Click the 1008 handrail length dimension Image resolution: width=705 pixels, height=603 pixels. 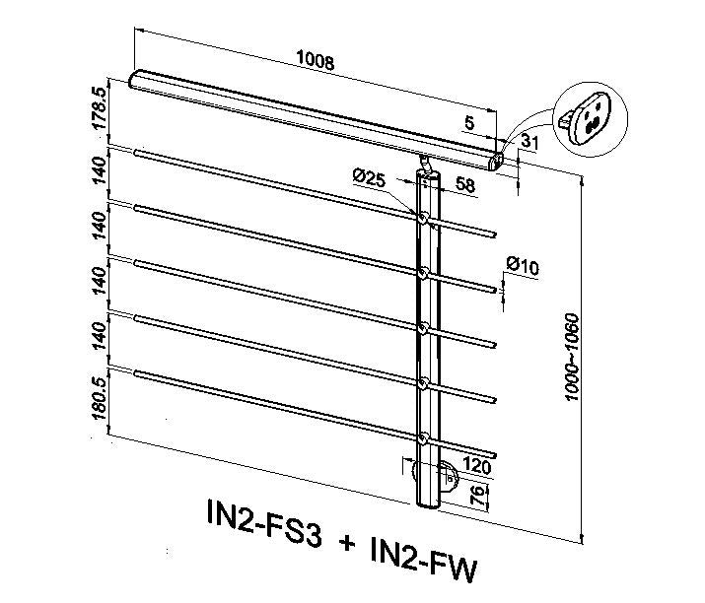tap(316, 60)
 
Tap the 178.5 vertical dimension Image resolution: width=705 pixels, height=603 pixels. tap(100, 107)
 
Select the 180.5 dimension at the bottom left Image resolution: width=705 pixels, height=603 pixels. tap(100, 398)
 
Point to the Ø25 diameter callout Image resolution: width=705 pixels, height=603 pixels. tap(369, 178)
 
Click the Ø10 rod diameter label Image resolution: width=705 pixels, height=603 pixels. tap(523, 266)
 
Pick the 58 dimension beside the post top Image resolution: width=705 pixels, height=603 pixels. tap(464, 184)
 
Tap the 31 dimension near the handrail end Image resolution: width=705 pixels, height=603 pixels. tap(529, 142)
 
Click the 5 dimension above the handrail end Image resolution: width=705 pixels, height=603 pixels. tap(469, 122)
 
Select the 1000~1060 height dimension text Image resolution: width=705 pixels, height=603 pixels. tap(572, 358)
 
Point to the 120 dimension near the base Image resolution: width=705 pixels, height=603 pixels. tap(476, 466)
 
